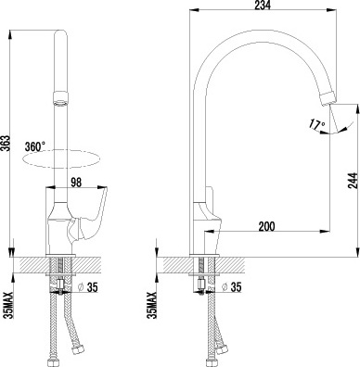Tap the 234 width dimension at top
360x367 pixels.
[263, 6]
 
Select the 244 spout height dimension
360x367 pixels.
[354, 181]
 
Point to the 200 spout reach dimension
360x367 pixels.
[266, 226]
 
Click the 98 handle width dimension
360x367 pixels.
[76, 183]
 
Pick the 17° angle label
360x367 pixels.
[316, 123]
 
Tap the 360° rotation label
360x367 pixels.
[35, 146]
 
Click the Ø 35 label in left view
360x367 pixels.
[87, 287]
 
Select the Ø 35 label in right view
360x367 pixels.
[232, 287]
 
